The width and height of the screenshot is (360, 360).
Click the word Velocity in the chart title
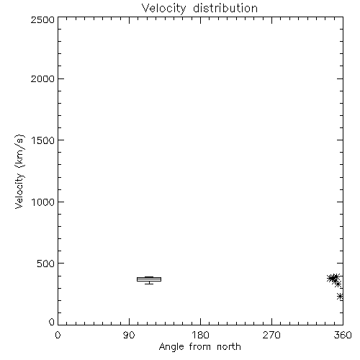[163, 9]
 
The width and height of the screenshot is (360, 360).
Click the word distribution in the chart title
[225, 8]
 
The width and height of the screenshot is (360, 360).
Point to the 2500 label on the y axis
[42, 19]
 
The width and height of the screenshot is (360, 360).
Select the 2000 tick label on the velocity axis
[42, 78]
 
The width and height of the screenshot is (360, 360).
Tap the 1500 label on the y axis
[43, 140]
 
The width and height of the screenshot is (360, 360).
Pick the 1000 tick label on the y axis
[43, 202]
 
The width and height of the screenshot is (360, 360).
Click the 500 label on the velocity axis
[46, 264]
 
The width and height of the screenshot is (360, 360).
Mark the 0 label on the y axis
[52, 322]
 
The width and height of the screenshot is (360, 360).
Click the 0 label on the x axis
[58, 335]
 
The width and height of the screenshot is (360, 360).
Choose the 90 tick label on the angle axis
[129, 335]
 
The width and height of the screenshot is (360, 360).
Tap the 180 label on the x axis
[200, 335]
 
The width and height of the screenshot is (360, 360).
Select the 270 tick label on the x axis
[271, 335]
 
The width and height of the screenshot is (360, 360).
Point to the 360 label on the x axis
[343, 335]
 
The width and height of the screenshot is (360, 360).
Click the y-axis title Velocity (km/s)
[19, 171]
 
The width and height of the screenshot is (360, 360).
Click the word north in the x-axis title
[229, 347]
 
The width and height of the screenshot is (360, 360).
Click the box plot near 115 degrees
[149, 279]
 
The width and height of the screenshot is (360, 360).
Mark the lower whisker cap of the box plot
[149, 284]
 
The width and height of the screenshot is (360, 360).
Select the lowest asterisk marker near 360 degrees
[340, 297]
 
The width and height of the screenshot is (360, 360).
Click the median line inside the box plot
[149, 279]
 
